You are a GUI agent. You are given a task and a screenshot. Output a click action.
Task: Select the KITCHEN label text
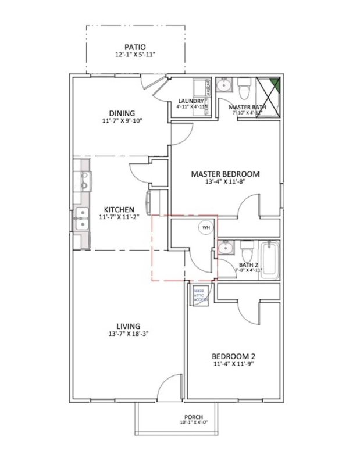click(119, 209)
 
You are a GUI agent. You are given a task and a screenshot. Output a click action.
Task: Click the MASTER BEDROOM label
click(225, 173)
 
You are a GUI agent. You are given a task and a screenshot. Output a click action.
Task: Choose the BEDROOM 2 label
click(234, 356)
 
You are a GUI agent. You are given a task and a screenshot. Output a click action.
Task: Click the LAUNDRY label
click(191, 101)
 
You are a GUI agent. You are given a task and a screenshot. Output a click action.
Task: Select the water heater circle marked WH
click(205, 228)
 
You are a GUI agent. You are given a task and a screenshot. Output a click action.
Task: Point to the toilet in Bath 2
click(246, 251)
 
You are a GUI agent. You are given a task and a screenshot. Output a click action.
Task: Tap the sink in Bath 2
click(226, 249)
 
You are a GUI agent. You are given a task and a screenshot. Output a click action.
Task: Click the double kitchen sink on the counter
click(81, 219)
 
